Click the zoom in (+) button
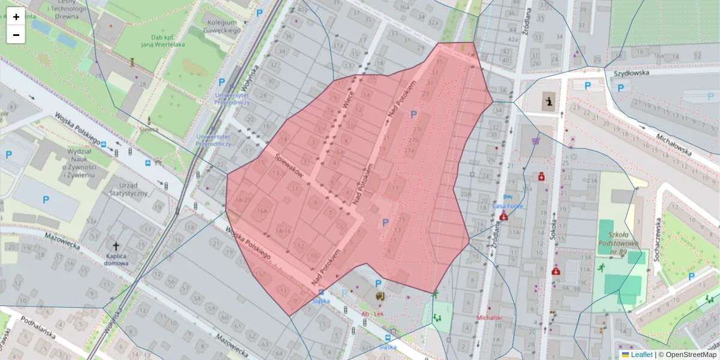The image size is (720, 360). click(x=16, y=17)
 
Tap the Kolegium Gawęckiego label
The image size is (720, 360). click(x=220, y=26)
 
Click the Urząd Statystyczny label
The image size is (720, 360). click(x=128, y=189)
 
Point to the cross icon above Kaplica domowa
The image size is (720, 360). click(x=116, y=246)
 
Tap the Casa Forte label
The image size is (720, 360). click(x=508, y=206)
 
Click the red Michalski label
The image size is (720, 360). click(x=489, y=317)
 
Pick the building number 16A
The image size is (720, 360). click(x=262, y=211)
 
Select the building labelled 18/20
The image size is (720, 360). click(x=243, y=200)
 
